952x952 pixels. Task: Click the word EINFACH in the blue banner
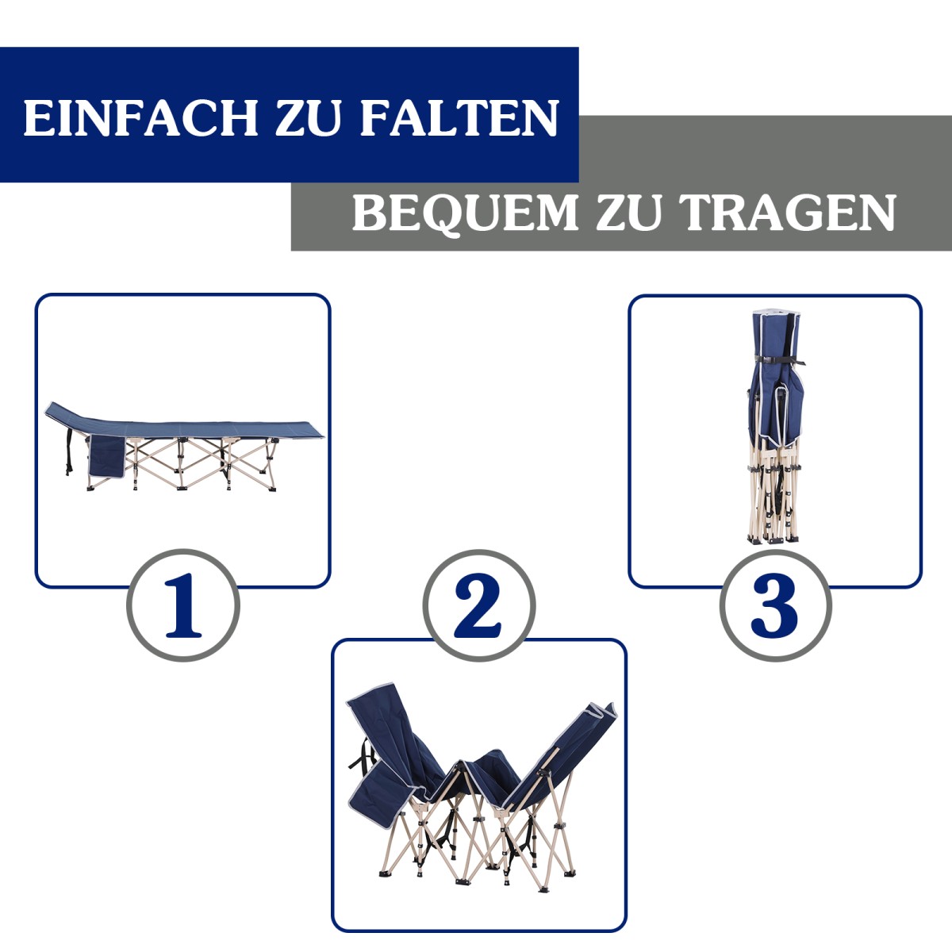point(140,117)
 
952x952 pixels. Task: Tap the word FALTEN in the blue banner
point(459,117)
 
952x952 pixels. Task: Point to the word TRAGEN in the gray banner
point(788,213)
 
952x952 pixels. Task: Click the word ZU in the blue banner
point(309,117)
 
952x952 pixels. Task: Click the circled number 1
point(182,605)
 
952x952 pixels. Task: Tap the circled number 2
point(478,605)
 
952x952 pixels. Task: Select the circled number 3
point(775,605)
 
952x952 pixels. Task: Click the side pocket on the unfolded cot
point(107,456)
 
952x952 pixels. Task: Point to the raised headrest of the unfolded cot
point(67,414)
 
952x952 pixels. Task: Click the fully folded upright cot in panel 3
point(774,427)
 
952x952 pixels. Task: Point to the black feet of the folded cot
point(773,540)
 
